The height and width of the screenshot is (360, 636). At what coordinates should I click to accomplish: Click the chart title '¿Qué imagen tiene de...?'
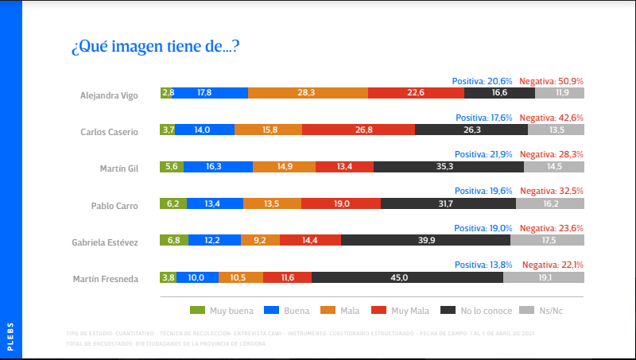coord(156,48)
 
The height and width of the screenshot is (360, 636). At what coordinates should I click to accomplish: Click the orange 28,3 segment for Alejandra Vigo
coord(308,93)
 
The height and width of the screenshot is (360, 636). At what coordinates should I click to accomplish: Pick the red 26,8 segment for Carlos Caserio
coord(364,130)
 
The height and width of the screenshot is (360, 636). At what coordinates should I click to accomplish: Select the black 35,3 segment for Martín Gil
coord(448,167)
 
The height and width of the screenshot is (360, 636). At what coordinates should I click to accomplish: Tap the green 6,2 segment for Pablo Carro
coord(173,203)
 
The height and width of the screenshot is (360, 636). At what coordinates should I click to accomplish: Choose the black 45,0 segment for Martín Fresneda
coord(407,277)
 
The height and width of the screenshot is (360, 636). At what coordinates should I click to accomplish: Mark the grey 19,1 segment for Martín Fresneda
coord(544,277)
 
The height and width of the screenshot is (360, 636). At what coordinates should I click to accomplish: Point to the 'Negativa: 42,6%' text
coord(552,118)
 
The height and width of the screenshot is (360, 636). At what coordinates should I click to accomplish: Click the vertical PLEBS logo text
coord(10,335)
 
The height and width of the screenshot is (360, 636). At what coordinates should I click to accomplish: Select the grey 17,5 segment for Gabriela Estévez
coord(547,240)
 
